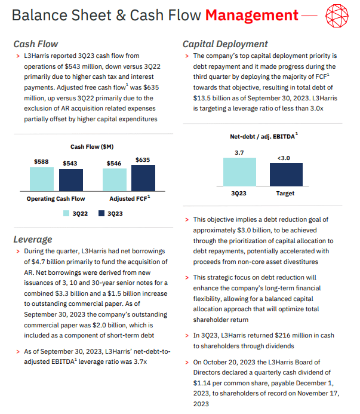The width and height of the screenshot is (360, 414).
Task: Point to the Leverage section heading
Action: click(x=32, y=240)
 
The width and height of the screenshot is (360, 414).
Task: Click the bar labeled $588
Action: click(x=42, y=179)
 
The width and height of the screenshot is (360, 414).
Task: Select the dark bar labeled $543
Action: click(x=71, y=180)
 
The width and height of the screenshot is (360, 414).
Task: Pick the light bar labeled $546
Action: click(x=114, y=179)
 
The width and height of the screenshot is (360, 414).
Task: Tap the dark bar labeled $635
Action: click(x=143, y=177)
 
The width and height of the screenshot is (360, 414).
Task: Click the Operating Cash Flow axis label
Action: click(x=56, y=198)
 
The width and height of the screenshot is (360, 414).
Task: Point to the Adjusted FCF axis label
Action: click(x=130, y=198)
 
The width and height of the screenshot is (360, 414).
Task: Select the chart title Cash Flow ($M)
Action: click(x=92, y=146)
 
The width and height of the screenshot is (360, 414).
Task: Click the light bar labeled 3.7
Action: click(x=239, y=173)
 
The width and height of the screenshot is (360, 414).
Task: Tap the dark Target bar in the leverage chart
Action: click(x=285, y=175)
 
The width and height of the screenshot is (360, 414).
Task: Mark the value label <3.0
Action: click(x=285, y=158)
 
